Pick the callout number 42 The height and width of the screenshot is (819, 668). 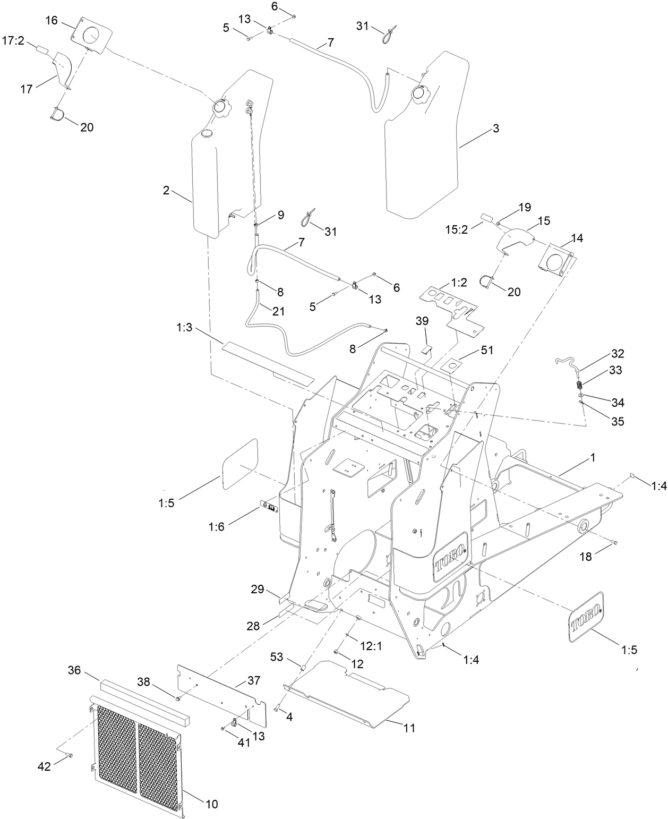point(44,766)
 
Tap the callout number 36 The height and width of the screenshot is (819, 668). point(74,670)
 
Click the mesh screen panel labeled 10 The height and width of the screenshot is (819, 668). point(138,753)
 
